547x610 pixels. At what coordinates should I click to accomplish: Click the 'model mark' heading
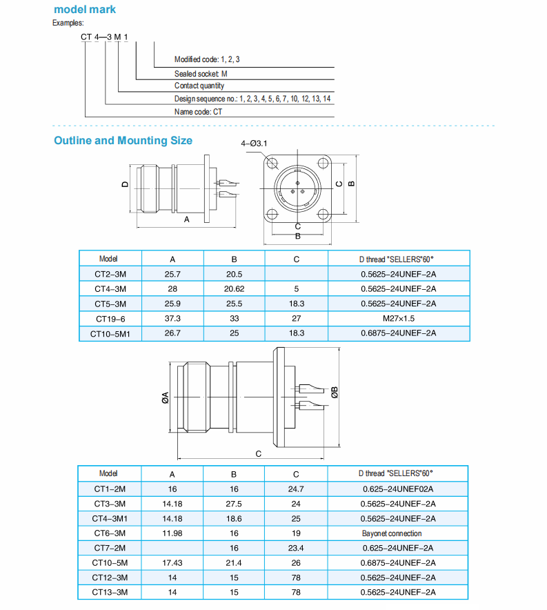click(x=85, y=10)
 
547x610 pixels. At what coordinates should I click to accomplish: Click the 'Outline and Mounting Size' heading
click(x=123, y=141)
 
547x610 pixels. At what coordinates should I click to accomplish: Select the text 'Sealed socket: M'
click(x=201, y=73)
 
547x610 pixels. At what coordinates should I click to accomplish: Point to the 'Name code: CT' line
click(x=198, y=111)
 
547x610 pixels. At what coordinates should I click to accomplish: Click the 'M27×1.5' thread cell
click(x=398, y=318)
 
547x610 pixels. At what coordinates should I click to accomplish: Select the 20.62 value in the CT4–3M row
click(x=234, y=288)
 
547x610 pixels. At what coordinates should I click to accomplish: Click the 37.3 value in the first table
click(x=172, y=318)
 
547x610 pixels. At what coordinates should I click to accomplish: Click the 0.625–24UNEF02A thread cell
click(x=398, y=489)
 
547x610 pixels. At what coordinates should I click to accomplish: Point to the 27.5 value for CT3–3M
click(x=234, y=504)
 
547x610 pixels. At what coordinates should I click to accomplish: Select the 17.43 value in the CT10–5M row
click(x=172, y=563)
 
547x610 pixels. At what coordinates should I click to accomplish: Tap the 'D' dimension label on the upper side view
click(x=124, y=185)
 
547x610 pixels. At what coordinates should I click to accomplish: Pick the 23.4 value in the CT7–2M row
click(x=296, y=548)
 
